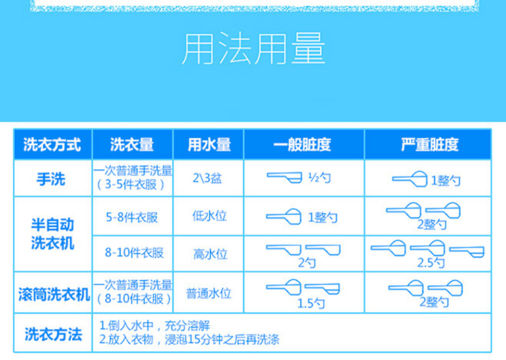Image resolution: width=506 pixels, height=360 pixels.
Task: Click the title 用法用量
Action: coord(253,49)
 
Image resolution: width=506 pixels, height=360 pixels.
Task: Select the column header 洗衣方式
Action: coord(52,144)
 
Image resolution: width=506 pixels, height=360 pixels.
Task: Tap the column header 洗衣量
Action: coord(132,144)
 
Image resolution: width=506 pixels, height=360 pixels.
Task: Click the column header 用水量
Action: coord(209,144)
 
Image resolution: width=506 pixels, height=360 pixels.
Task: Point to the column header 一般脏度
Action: coord(302,144)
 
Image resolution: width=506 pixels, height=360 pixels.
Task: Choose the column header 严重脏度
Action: coord(430,144)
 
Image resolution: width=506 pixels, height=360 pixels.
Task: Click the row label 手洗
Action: coord(51,179)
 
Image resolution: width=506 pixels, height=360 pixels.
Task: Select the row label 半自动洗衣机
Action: coord(53,234)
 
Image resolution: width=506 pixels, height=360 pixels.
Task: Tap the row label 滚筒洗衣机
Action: coord(54,295)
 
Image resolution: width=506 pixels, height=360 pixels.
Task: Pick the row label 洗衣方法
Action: coord(53,334)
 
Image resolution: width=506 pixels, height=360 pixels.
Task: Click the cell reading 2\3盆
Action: coord(207,178)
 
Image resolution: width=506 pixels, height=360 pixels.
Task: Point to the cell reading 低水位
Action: coord(209,216)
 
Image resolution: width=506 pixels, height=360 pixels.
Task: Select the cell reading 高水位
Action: coord(210,254)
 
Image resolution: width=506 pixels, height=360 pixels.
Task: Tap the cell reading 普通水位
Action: coord(208,293)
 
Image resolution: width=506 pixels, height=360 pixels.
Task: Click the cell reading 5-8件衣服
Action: coord(132,218)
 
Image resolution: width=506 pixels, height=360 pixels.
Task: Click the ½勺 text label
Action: coord(320,178)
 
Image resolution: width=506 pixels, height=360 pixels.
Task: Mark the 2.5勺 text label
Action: coord(431,263)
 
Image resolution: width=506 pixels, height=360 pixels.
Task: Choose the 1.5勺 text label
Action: coord(311,303)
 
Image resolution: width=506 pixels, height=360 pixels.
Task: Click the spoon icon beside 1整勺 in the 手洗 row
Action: coord(410,179)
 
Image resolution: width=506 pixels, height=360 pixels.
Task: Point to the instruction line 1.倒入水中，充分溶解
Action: coord(154,326)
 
